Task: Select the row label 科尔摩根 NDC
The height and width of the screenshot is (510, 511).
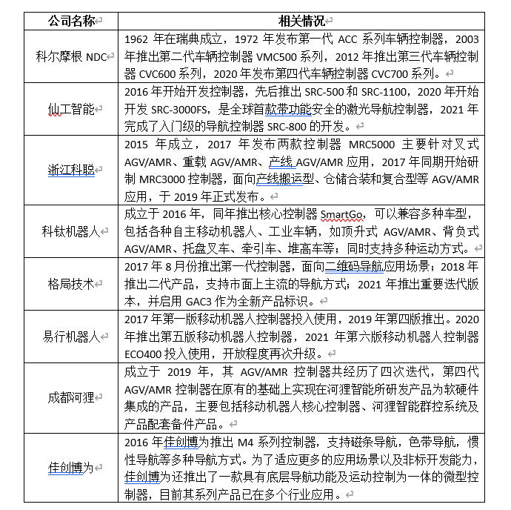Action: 70,56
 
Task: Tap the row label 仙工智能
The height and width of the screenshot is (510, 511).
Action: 68,108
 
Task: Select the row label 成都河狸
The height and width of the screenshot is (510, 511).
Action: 70,398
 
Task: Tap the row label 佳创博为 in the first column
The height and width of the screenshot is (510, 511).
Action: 70,468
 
